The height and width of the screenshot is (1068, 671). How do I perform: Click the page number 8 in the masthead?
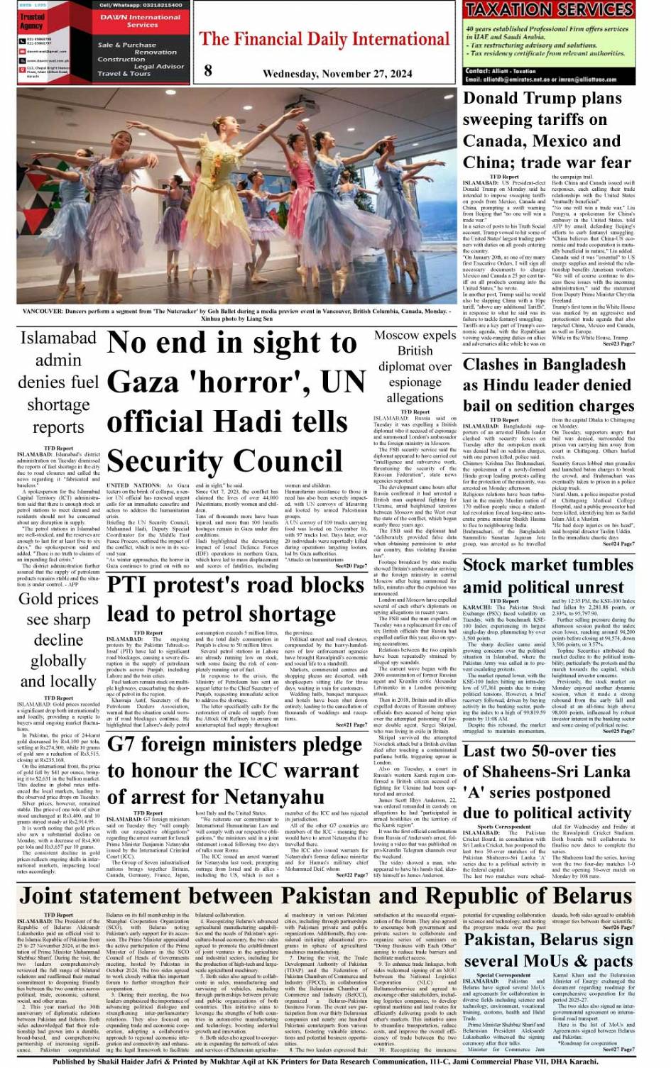pos(208,70)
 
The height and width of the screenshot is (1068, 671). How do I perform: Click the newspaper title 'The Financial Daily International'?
pos(325,39)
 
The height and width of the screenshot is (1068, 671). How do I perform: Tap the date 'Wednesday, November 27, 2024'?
pos(337,74)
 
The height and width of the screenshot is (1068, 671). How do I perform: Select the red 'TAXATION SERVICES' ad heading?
pos(549,10)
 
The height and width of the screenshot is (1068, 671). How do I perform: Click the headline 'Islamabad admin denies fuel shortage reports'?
pos(59,382)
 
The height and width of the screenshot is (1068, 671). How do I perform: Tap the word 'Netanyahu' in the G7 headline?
pos(273,797)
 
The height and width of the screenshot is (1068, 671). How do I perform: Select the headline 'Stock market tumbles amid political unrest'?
pos(547,576)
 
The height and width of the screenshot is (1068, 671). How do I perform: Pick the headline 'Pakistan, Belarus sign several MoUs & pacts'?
pos(547,951)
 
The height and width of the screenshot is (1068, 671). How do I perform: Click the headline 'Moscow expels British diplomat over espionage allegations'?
pos(415,366)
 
